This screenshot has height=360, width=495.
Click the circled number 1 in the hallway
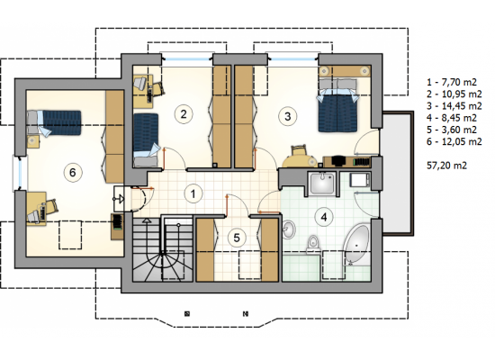click(193, 193)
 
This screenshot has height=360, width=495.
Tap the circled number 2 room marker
click(184, 113)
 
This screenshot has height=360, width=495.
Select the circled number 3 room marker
click(287, 116)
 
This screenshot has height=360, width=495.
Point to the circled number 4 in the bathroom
click(324, 217)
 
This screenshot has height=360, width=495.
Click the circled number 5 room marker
click(237, 238)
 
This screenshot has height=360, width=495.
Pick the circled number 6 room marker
click(73, 173)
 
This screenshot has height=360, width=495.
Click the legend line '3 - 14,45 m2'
click(454, 106)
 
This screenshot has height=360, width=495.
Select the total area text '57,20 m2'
click(446, 166)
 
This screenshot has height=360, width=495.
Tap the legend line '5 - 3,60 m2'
click(452, 130)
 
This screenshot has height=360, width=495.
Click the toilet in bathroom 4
click(313, 244)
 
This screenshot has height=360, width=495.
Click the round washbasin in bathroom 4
click(289, 229)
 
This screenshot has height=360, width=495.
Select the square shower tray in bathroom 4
click(322, 184)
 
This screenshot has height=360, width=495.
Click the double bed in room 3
click(337, 105)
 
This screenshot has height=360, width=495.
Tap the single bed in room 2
click(146, 139)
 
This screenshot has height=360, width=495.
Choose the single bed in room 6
click(54, 122)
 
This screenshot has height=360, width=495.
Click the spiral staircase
click(162, 248)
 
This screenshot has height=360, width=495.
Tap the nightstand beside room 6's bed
click(32, 142)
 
